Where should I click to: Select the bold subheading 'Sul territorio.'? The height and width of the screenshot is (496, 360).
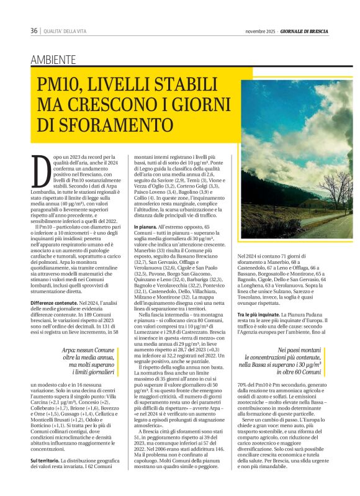tap(45, 461)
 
